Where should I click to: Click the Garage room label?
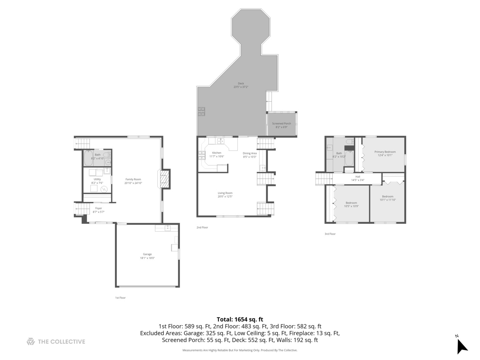click(x=147, y=254)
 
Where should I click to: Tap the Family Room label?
click(x=133, y=179)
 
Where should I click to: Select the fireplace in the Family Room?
click(x=164, y=180)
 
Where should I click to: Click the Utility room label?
click(x=97, y=179)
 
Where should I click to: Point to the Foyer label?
click(x=98, y=208)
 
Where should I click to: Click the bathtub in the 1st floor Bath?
click(x=88, y=159)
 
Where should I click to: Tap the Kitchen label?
click(x=217, y=153)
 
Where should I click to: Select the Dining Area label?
click(x=249, y=153)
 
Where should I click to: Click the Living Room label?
click(x=225, y=193)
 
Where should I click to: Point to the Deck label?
click(x=241, y=84)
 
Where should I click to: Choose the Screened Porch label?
click(x=281, y=124)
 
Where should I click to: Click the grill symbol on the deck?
click(x=201, y=111)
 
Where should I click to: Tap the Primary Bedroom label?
click(x=385, y=152)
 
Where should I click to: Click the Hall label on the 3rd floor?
click(x=358, y=177)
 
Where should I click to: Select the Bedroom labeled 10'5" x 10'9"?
click(x=351, y=203)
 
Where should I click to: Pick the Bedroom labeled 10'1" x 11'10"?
click(x=388, y=197)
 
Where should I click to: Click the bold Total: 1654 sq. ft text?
click(x=240, y=319)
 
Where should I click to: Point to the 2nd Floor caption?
click(x=202, y=227)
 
